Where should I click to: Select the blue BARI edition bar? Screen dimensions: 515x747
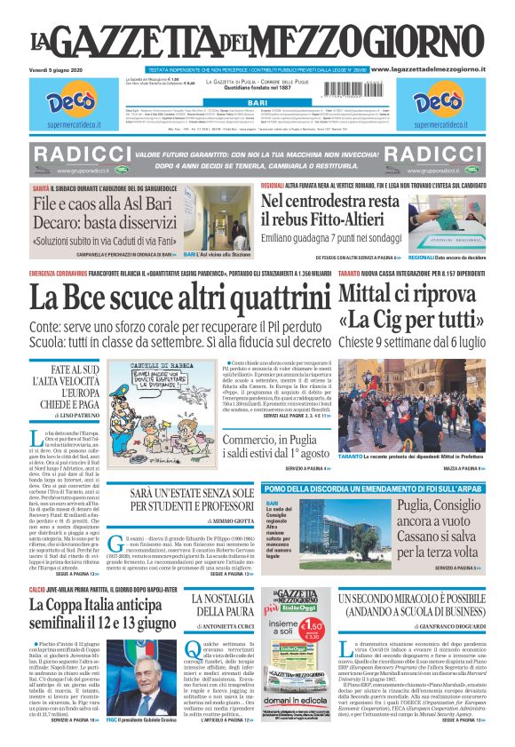(x=257, y=104)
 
